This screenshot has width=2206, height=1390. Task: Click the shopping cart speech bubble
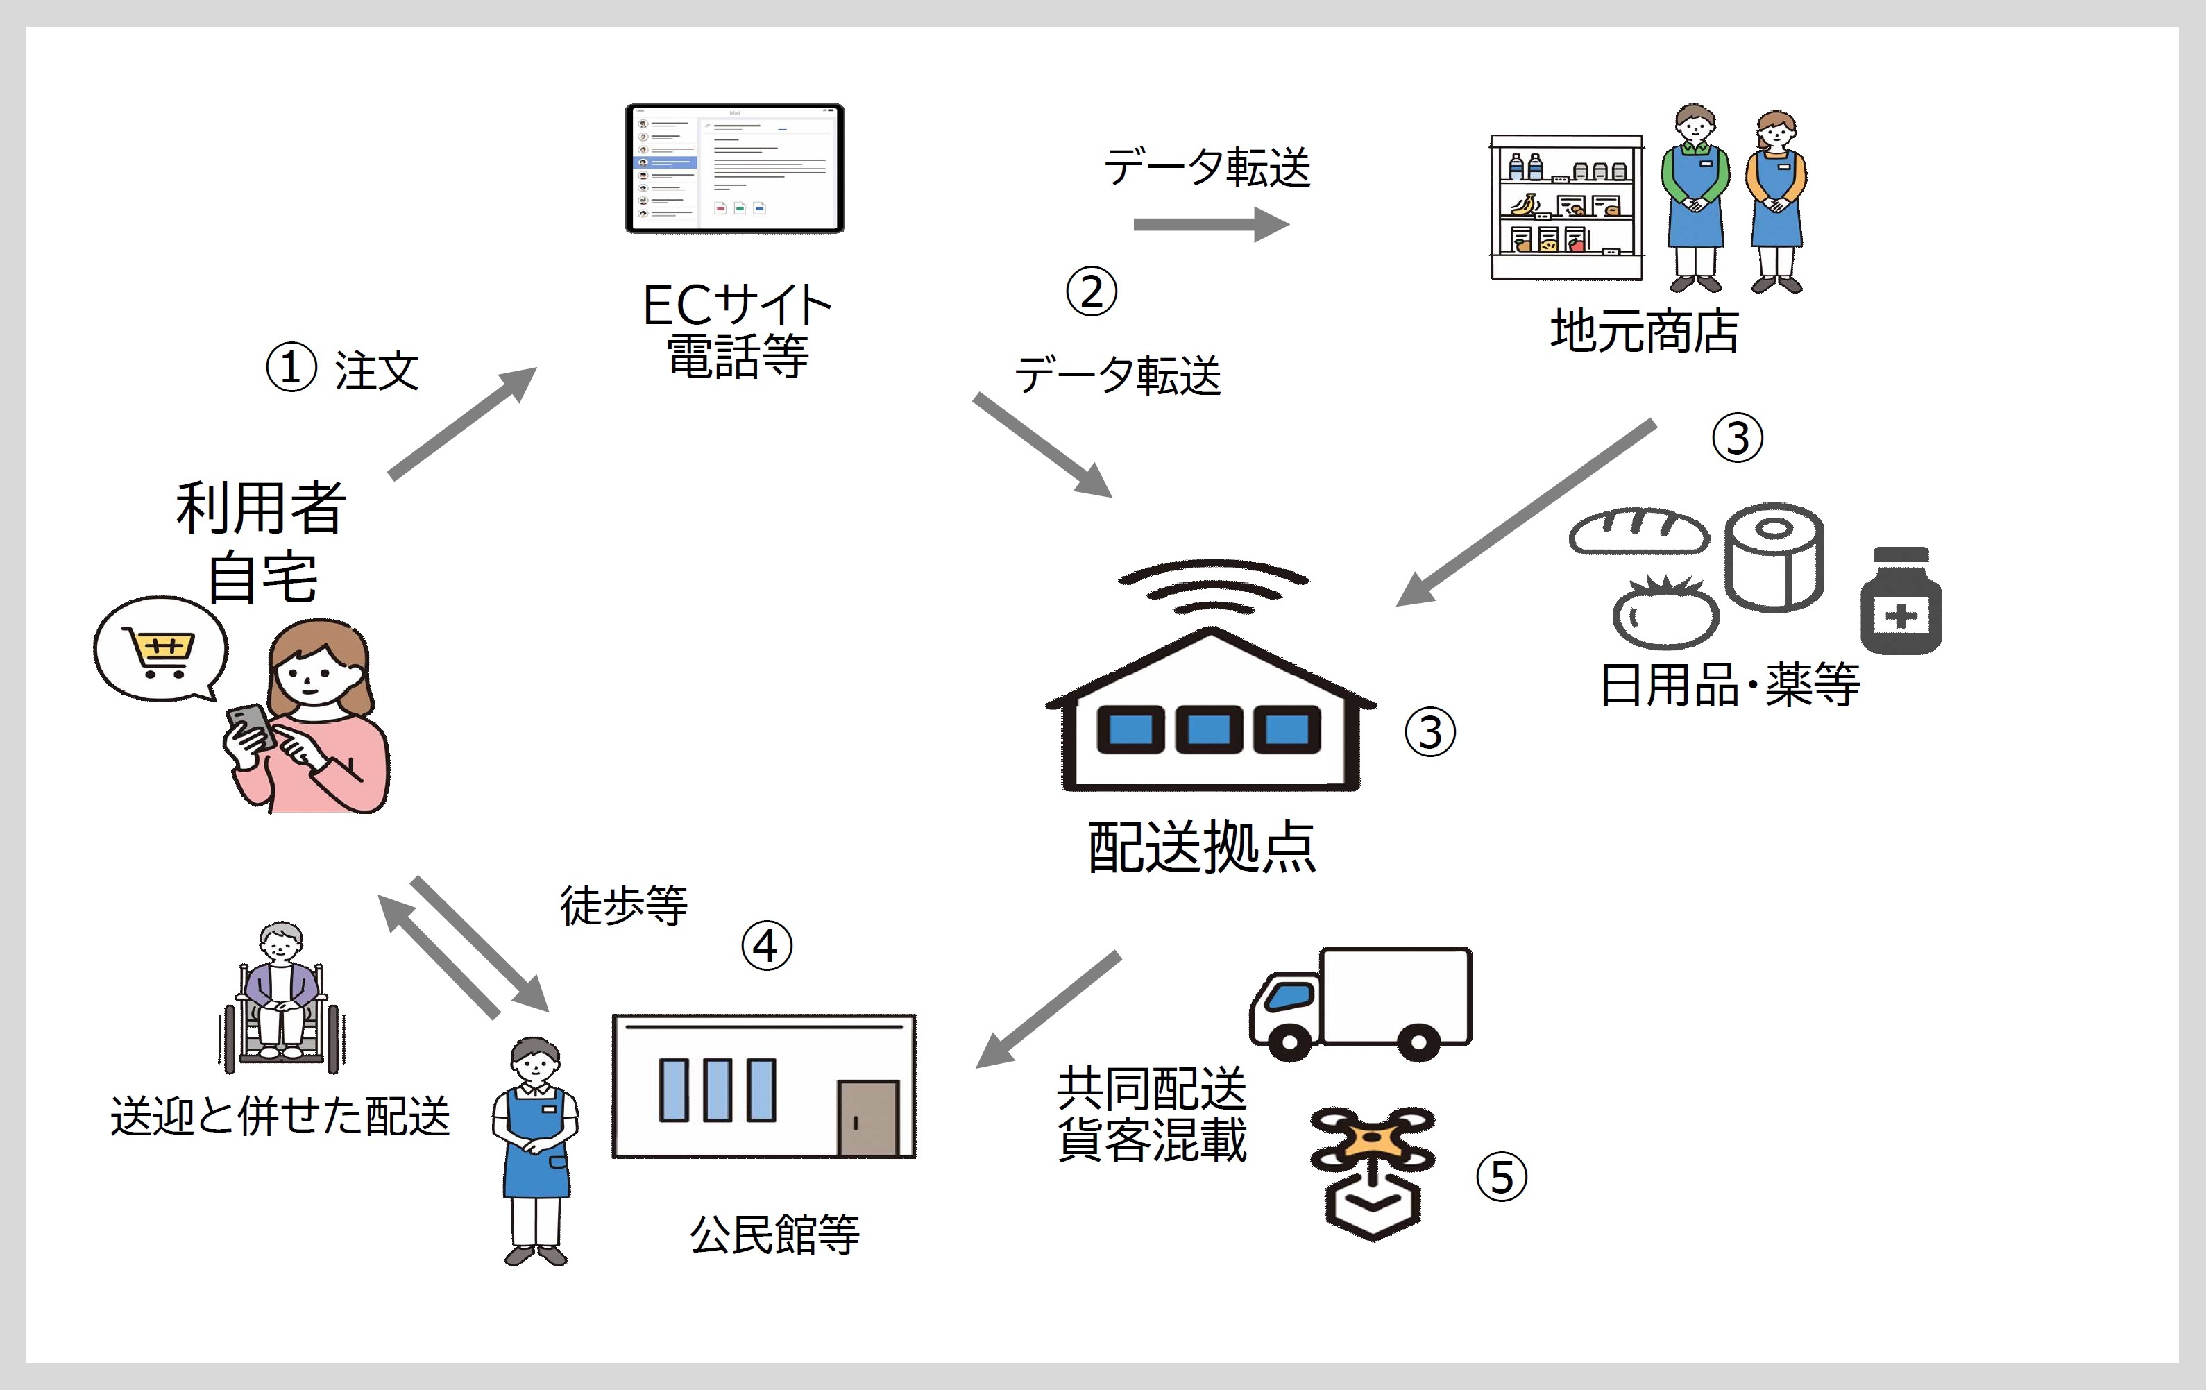click(160, 649)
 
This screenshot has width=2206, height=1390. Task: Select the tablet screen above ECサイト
click(733, 169)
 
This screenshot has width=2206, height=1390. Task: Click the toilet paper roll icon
click(1774, 557)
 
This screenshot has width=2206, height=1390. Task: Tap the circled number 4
click(766, 946)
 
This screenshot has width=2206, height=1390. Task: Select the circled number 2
click(1091, 292)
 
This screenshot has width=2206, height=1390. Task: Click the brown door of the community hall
click(867, 1118)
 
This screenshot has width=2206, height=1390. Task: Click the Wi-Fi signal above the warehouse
click(1213, 587)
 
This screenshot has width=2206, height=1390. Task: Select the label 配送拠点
click(1201, 847)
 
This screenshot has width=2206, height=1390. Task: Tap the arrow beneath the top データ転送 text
click(1210, 224)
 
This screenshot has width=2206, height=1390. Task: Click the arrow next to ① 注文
click(463, 423)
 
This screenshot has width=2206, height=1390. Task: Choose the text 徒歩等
click(624, 906)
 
